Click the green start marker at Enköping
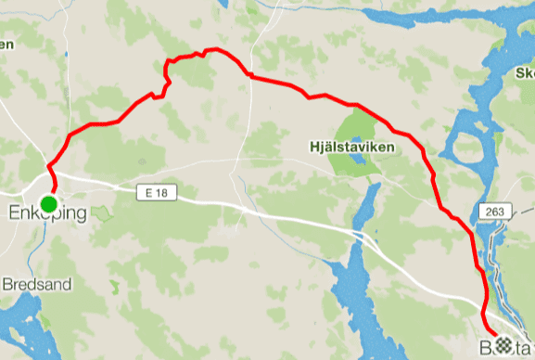(48, 203)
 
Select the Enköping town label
(47, 214)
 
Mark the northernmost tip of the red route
(213, 49)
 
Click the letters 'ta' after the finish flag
(523, 344)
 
